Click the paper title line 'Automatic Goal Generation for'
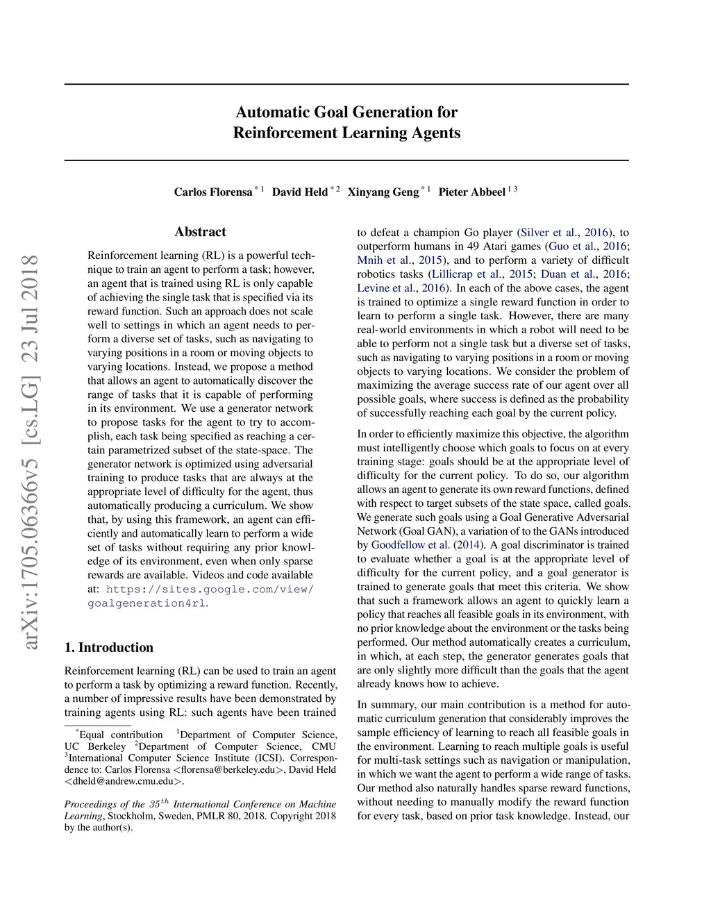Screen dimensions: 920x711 [346, 112]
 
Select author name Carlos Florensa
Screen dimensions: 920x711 [212, 192]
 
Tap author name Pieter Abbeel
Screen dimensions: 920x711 [471, 192]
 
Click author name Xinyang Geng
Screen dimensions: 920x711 [383, 192]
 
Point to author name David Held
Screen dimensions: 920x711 [299, 192]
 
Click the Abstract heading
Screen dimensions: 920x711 [200, 232]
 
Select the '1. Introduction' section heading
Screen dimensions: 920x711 [109, 648]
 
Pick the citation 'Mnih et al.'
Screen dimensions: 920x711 [384, 260]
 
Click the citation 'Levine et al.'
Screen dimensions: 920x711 [390, 288]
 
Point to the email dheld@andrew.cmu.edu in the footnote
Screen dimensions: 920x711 [124, 781]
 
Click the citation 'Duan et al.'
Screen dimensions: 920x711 [567, 274]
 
